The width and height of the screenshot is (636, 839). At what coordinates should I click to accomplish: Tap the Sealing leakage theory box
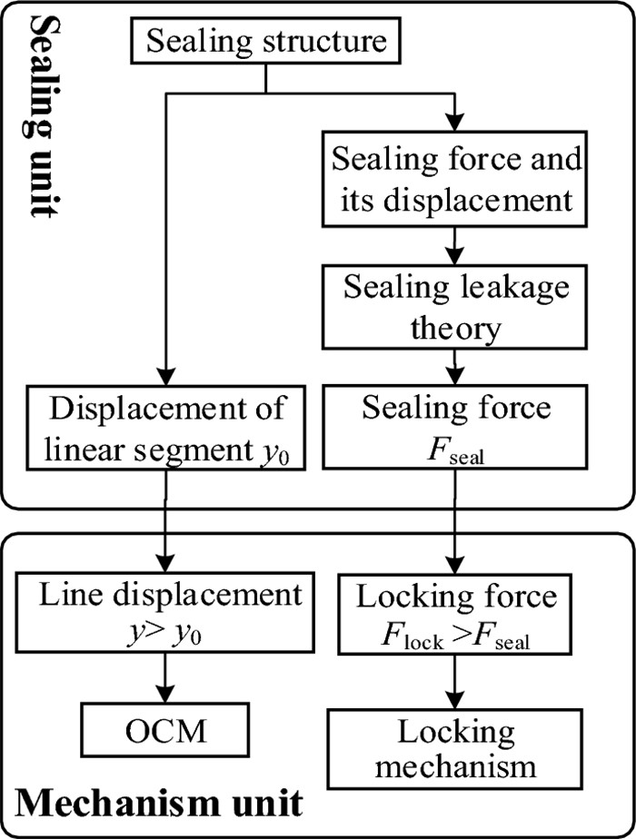[455, 308]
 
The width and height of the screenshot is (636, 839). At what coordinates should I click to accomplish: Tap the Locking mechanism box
[455, 747]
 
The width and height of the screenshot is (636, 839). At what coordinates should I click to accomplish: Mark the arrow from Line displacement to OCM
[165, 676]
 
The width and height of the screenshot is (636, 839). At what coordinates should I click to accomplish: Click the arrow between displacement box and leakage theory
[455, 244]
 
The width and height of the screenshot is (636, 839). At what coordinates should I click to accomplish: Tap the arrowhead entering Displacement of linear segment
[165, 378]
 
